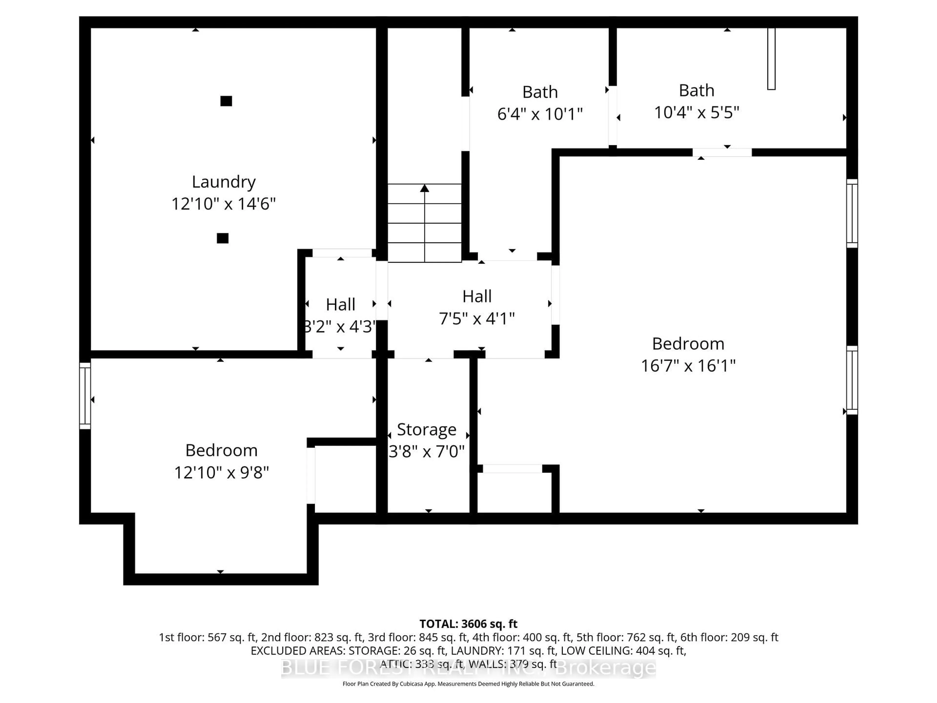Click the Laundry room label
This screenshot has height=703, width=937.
pyautogui.click(x=224, y=182)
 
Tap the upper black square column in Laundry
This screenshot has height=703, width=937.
pyautogui.click(x=226, y=101)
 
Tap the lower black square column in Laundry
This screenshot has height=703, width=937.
pyautogui.click(x=223, y=238)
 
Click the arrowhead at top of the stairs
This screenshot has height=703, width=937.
pyautogui.click(x=424, y=188)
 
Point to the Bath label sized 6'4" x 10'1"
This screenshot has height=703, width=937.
pyautogui.click(x=540, y=92)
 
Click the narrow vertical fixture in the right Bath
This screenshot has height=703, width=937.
pyautogui.click(x=771, y=59)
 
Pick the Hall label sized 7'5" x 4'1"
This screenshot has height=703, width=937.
pyautogui.click(x=477, y=296)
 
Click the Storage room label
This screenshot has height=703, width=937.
pyautogui.click(x=427, y=430)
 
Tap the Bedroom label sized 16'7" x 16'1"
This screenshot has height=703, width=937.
pyautogui.click(x=688, y=344)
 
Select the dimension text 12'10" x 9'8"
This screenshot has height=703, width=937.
pyautogui.click(x=222, y=472)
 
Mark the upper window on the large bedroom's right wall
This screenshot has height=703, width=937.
pyautogui.click(x=852, y=213)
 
